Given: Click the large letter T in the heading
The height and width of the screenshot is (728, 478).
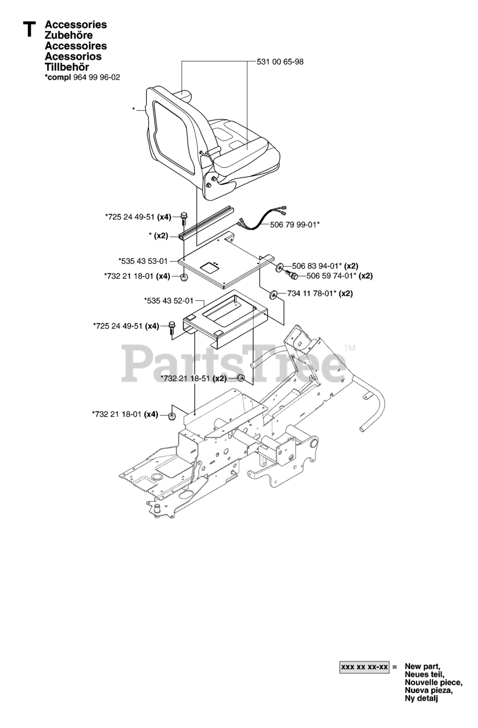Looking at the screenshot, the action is [29, 30].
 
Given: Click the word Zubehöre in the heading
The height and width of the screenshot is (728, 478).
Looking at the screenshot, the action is [69, 35].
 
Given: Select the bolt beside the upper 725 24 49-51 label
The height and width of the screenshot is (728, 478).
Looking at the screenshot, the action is [183, 218].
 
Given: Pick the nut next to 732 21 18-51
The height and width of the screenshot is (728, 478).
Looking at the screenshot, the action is [241, 379].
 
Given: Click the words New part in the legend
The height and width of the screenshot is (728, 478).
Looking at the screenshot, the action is [422, 666].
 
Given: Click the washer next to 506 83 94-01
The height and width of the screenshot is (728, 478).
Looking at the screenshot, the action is [281, 267].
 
